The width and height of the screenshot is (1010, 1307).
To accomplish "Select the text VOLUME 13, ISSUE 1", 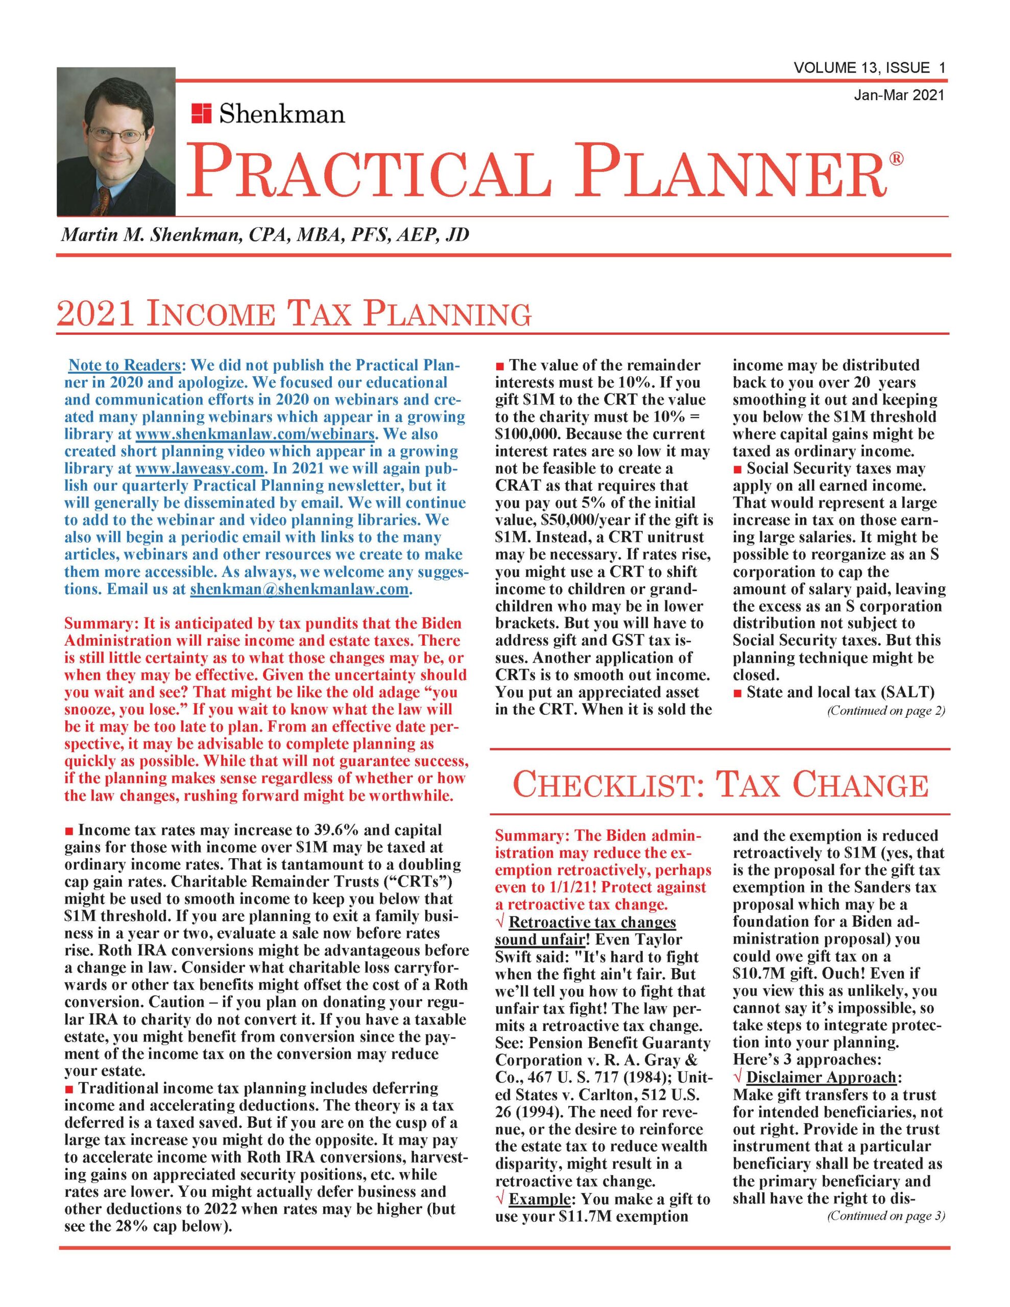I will tap(869, 68).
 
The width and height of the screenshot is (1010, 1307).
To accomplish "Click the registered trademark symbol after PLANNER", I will tap(896, 159).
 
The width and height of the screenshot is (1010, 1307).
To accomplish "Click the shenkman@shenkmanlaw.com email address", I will tap(299, 590).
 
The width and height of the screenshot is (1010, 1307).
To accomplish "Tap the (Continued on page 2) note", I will tap(886, 711).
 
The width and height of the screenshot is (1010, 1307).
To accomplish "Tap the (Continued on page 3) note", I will tap(886, 1216).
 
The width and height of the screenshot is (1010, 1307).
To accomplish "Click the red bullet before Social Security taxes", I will tap(738, 469).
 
